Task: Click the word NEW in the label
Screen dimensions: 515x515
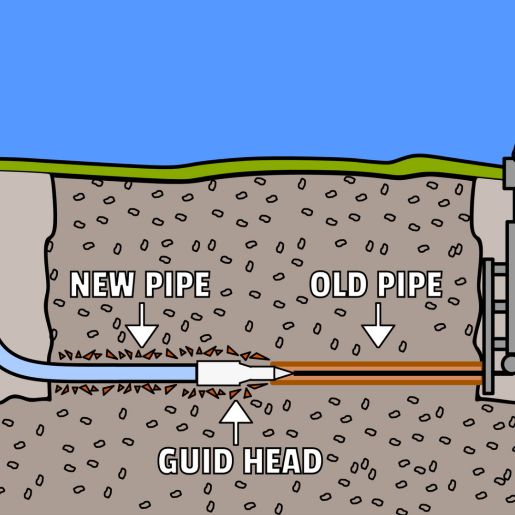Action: pyautogui.click(x=102, y=284)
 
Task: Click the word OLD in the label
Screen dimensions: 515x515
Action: pyautogui.click(x=338, y=284)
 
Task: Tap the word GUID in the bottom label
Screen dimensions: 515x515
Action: pyautogui.click(x=196, y=461)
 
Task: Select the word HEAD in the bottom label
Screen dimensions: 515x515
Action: pyautogui.click(x=282, y=461)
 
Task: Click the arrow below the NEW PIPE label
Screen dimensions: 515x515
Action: pyautogui.click(x=142, y=325)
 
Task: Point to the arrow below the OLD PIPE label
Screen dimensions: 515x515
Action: pyautogui.click(x=378, y=325)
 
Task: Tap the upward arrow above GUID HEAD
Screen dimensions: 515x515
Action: pyautogui.click(x=236, y=423)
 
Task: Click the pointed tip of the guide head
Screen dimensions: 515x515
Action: pyautogui.click(x=292, y=373)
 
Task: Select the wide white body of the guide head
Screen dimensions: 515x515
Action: pyautogui.click(x=219, y=373)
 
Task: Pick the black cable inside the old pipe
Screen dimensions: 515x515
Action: pyautogui.click(x=388, y=373)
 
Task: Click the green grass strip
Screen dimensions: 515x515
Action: pyautogui.click(x=249, y=167)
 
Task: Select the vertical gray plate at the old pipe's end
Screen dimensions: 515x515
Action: pyautogui.click(x=488, y=327)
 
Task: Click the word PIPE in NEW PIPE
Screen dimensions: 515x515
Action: pyautogui.click(x=177, y=284)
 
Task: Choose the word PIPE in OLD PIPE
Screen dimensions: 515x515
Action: pyautogui.click(x=409, y=284)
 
